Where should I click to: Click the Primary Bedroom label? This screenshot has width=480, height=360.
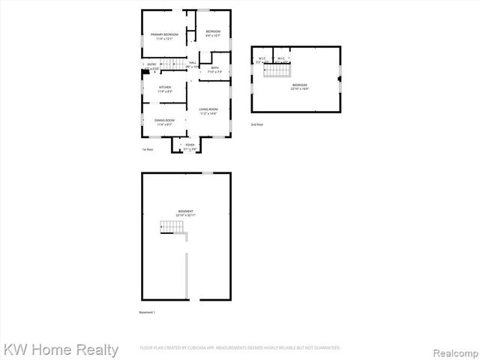coord(163,36)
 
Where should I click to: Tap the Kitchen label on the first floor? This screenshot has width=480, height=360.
coord(164,88)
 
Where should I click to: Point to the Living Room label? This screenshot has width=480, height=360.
coord(208,112)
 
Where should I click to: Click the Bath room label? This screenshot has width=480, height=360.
coord(214,70)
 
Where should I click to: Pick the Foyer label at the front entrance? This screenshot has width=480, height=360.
coord(190,146)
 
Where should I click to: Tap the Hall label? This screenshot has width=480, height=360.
coord(193,64)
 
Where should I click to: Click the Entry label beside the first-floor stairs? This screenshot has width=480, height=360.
coord(151,66)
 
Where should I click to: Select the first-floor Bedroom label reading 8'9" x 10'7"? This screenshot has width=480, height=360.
coord(213,32)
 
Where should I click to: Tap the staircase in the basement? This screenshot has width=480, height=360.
coord(170,227)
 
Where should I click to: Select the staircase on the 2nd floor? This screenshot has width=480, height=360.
coord(280,70)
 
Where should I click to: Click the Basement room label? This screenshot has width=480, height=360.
coord(185,213)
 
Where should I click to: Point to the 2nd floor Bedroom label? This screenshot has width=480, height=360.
coord(299,87)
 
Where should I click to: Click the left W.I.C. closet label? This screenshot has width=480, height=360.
coord(262,60)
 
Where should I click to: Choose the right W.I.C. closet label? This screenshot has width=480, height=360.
coord(280,60)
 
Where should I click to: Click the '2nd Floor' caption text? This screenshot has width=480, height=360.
coord(257,124)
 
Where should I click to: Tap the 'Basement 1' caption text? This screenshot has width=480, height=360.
coord(148,312)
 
